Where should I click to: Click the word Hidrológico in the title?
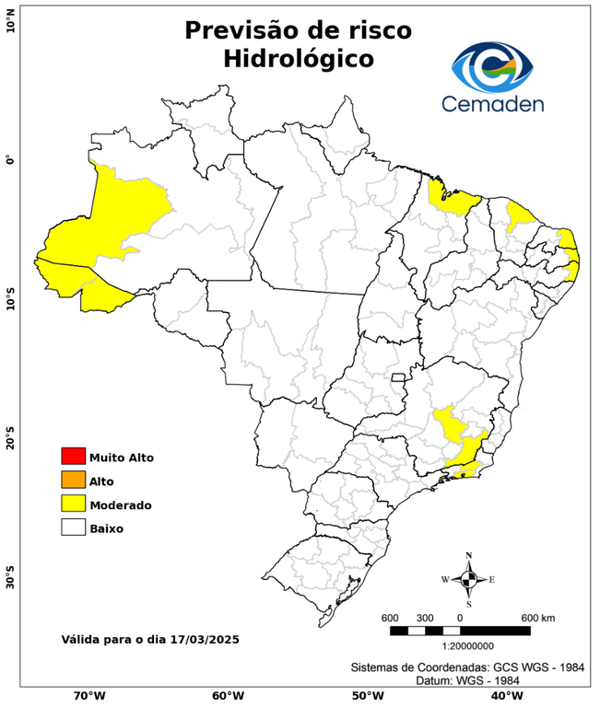click(298, 59)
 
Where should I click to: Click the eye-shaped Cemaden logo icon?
click(499, 65)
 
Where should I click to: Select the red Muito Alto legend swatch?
click(73, 457)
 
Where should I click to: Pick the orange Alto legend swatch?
click(73, 481)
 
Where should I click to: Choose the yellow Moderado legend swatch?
click(73, 504)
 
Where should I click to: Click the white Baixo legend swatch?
click(73, 528)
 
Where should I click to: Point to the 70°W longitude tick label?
click(89, 695)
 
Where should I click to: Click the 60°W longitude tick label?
click(228, 695)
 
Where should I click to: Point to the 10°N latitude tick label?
click(10, 21)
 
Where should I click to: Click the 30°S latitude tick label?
click(10, 581)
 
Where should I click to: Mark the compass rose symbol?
click(468, 579)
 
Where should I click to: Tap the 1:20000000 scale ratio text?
click(460, 647)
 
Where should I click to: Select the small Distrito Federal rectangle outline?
click(399, 377)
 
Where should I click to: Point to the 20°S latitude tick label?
click(10, 439)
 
